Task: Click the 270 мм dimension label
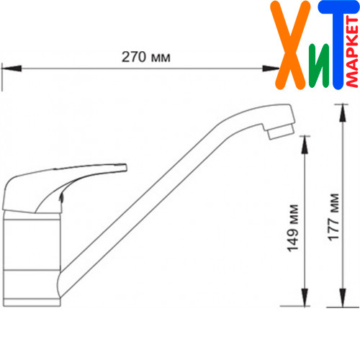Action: (146, 57)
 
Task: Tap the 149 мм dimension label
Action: (293, 228)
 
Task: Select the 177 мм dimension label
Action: (333, 217)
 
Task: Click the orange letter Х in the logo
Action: (290, 45)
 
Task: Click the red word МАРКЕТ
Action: (352, 52)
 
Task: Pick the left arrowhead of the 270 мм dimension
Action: (12, 68)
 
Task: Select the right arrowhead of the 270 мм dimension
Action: (271, 68)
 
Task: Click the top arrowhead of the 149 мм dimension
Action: (305, 145)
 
